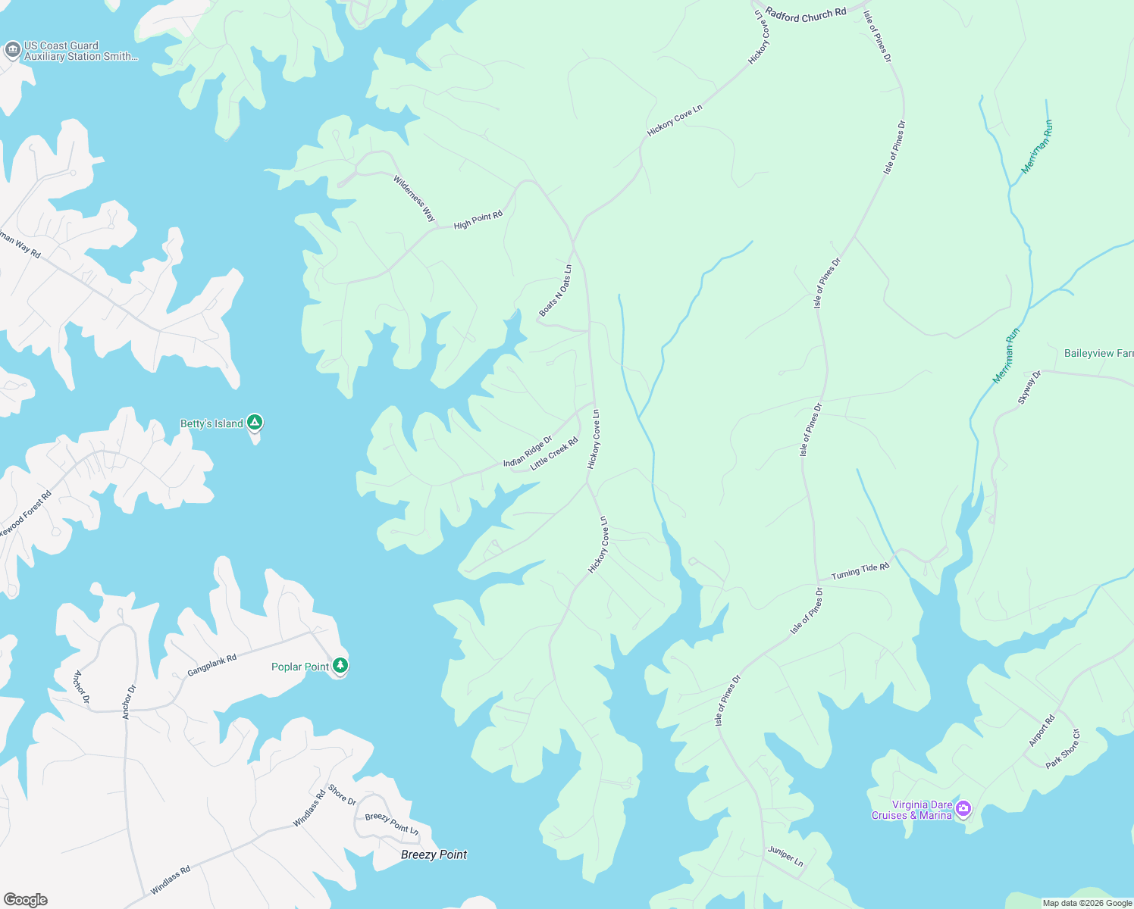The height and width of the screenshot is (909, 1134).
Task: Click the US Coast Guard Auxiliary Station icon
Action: [12, 51]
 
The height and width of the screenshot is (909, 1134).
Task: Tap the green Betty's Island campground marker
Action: [255, 422]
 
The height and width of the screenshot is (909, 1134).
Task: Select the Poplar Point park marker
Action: [340, 666]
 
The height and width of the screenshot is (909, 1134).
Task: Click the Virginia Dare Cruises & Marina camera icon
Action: [963, 808]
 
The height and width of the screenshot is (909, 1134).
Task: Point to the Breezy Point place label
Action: [434, 854]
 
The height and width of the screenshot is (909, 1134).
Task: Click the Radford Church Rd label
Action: [806, 14]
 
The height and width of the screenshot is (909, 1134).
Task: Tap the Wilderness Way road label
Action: [414, 198]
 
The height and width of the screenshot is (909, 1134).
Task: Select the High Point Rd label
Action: [478, 220]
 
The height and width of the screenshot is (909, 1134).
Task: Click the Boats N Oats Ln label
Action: [556, 291]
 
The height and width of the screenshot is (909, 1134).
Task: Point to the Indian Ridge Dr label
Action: [528, 451]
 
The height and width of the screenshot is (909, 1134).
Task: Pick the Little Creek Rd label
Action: [554, 453]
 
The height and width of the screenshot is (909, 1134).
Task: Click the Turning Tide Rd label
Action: [860, 571]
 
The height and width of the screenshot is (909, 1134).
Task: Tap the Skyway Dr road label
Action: [1029, 387]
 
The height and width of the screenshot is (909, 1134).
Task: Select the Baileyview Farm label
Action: [1098, 353]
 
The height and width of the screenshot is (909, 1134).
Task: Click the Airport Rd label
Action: [1041, 731]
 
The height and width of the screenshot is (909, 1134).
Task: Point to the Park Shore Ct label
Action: [1063, 749]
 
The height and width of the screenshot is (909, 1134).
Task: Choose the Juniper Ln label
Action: [785, 856]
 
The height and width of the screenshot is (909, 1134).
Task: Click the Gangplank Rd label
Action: [212, 665]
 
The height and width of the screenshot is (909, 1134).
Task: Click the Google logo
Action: [26, 899]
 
